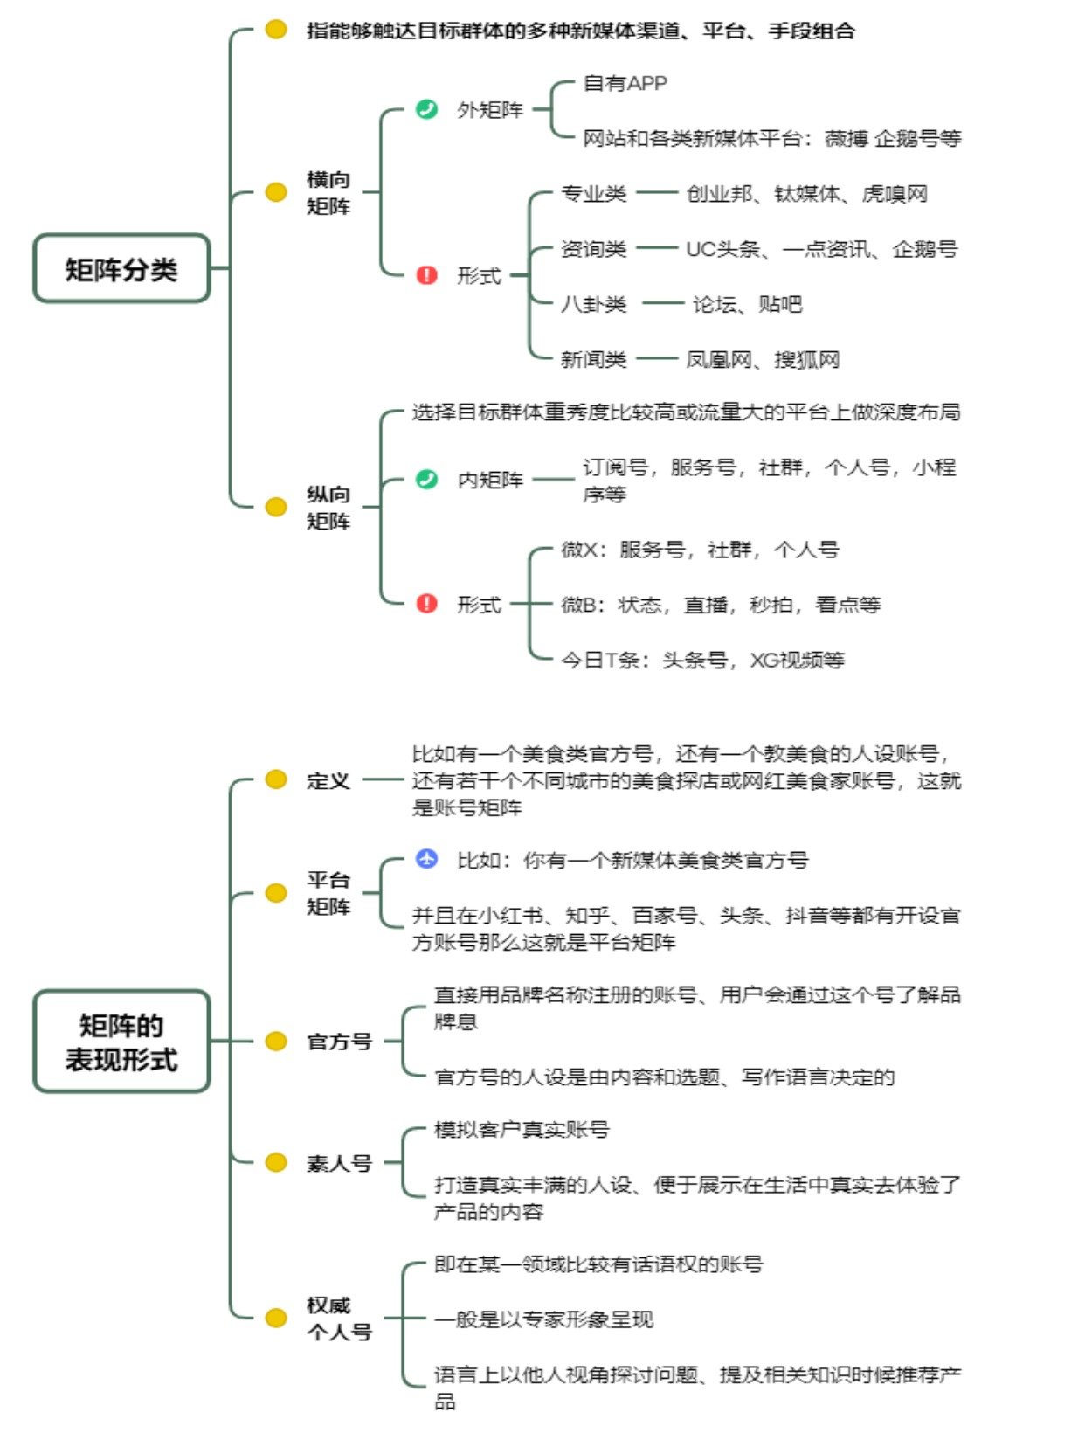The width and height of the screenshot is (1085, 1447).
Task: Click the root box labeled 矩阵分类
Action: [121, 268]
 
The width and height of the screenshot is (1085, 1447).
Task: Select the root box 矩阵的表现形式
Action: [121, 1042]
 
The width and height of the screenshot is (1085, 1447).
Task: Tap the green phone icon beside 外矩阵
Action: [426, 109]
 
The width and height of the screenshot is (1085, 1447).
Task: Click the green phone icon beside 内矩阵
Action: [426, 479]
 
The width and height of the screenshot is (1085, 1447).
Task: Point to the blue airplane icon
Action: [426, 859]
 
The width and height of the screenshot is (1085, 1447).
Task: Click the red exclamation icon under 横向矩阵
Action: [426, 275]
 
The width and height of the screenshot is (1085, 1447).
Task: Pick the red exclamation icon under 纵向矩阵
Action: [426, 604]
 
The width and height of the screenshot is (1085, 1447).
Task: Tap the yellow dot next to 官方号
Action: [276, 1041]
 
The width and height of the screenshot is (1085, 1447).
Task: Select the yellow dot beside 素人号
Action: [276, 1162]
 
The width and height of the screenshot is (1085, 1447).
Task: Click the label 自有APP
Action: [625, 83]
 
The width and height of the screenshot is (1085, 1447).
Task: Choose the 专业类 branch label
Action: [594, 193]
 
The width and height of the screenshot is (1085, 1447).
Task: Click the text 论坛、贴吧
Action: [747, 304]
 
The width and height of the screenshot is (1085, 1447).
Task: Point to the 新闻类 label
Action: [594, 359]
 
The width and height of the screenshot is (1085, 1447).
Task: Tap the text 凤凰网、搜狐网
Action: [763, 359]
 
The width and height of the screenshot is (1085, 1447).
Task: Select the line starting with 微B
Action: [721, 605]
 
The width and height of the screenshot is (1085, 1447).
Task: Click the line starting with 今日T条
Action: [702, 660]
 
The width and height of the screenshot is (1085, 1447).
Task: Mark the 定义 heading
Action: [328, 780]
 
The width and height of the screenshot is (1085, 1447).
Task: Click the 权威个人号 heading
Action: [339, 1318]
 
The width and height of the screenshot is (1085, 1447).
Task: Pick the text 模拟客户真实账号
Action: [522, 1129]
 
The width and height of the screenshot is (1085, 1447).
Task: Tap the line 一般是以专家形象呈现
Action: [543, 1319]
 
